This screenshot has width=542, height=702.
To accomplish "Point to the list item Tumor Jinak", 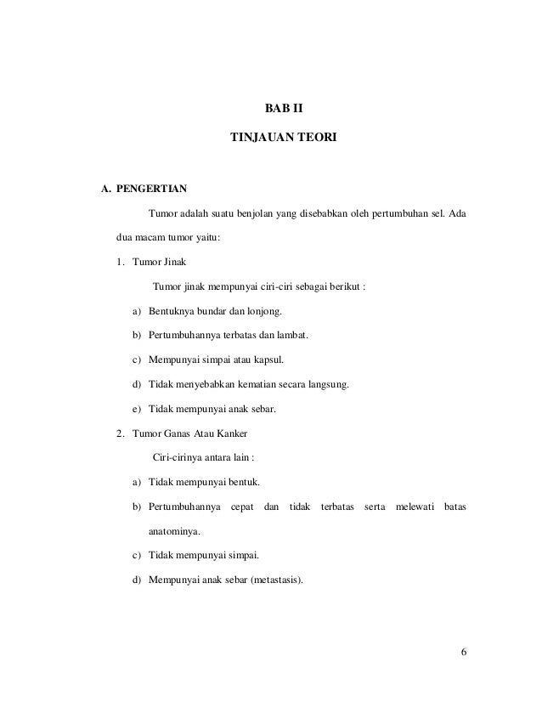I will click(x=150, y=262).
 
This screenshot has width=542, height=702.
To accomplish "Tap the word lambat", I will click(x=294, y=336).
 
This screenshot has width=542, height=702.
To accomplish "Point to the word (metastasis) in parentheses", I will click(x=270, y=581).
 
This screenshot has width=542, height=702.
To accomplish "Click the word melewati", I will click(x=412, y=508).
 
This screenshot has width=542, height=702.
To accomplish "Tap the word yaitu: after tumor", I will click(x=205, y=237).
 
